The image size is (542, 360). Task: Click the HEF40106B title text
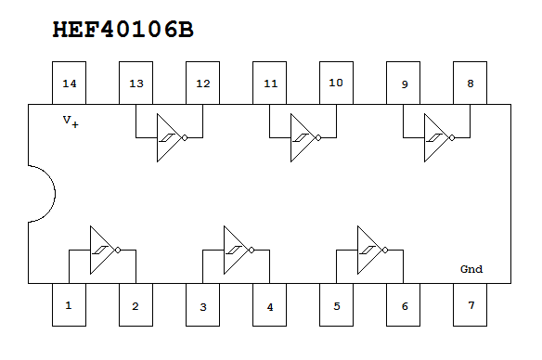[123, 30]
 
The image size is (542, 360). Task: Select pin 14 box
[69, 84]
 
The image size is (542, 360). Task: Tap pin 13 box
[135, 84]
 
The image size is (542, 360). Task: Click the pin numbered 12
[202, 84]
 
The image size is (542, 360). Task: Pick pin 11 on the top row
[270, 84]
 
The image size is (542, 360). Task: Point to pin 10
[336, 84]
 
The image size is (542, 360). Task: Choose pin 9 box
[404, 84]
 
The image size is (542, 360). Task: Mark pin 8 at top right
[471, 84]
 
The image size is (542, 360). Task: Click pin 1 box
[69, 304]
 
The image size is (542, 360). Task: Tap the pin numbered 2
[135, 304]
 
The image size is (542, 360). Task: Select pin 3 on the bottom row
[202, 304]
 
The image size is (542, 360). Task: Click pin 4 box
[270, 304]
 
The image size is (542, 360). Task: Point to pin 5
[336, 304]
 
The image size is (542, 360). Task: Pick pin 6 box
[404, 304]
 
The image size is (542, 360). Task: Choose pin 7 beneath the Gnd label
[471, 304]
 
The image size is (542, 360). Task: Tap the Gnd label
[471, 270]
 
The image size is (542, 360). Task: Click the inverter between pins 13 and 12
[170, 138]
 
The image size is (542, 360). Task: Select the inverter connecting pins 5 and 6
[372, 250]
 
